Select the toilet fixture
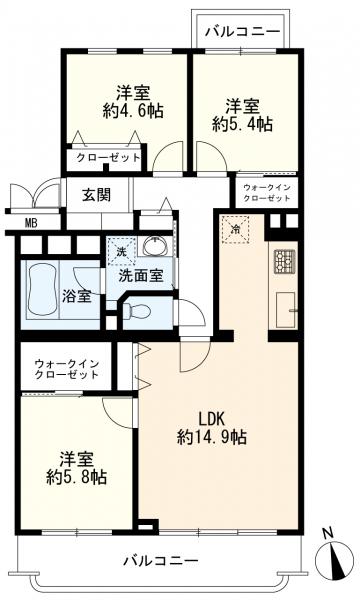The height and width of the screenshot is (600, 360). pos(138,310)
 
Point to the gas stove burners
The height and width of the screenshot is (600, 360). pos(284,261)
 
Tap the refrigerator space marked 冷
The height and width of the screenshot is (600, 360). pos(235,229)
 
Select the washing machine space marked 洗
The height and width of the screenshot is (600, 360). pos(121,251)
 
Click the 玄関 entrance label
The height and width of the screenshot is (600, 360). pos(97,195)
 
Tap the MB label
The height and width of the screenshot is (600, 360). pos(31,223)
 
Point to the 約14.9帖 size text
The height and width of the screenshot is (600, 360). pos(212,437)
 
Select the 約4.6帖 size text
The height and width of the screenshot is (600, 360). pos(133,111)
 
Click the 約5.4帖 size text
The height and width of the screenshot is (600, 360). pos(243,124)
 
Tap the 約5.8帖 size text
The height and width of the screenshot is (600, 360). pos(77,478)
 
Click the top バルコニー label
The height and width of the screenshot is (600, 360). pos(243,31)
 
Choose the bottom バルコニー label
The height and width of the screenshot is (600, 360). pos(161,561)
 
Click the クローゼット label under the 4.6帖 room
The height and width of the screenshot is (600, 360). pos(109,157)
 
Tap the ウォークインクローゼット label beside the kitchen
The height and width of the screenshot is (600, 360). pos(267,193)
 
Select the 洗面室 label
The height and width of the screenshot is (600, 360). pos(141,276)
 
